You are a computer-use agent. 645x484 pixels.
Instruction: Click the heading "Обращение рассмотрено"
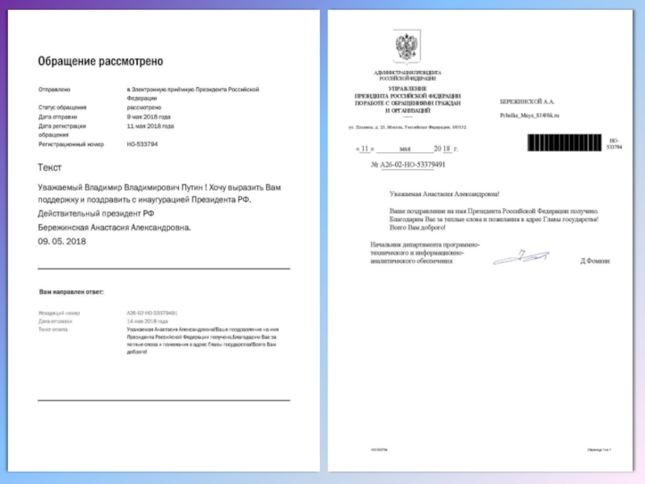100,61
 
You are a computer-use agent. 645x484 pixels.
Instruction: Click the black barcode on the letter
565,144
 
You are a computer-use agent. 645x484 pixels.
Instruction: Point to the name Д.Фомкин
595,261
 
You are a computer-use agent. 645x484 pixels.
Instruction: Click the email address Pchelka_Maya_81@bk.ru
530,115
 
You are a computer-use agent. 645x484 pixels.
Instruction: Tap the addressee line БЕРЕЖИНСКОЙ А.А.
527,101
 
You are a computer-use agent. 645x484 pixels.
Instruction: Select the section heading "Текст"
49,168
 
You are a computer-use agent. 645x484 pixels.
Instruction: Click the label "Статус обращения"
62,107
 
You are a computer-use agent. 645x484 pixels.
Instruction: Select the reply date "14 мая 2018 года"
146,321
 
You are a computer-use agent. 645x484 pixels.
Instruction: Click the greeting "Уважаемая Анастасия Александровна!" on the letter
444,194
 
